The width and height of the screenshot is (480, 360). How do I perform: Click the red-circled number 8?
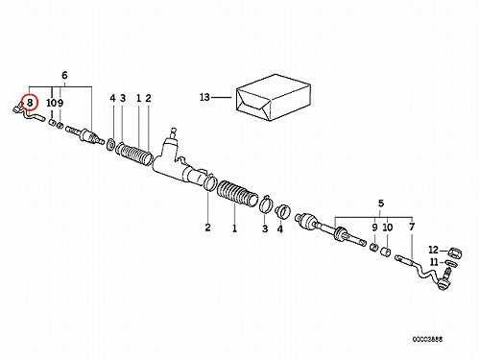30,103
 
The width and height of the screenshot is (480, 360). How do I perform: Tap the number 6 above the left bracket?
64,75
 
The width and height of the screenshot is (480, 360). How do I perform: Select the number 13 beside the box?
204,97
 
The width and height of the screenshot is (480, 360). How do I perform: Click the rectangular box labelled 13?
274,97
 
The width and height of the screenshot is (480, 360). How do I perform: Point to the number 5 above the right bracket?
381,204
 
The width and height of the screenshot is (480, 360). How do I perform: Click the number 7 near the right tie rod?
412,227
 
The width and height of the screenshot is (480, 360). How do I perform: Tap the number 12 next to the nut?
433,250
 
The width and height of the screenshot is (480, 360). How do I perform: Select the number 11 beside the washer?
434,262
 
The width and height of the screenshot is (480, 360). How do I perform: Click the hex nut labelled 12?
455,252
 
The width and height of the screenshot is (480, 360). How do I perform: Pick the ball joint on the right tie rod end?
444,281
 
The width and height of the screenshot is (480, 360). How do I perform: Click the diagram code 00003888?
427,339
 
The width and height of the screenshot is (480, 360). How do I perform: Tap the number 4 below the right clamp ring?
280,229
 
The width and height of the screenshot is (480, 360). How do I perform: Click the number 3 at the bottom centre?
265,228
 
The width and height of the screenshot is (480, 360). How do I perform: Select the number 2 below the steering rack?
208,228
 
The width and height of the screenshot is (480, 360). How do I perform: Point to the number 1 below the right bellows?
234,228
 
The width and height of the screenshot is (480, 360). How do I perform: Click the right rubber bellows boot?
237,193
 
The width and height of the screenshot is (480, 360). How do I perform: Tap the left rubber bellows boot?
134,154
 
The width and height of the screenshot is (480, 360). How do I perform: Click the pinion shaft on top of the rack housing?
174,132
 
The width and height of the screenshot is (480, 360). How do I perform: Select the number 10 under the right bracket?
388,228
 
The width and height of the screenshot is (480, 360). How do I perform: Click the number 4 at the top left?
112,98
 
